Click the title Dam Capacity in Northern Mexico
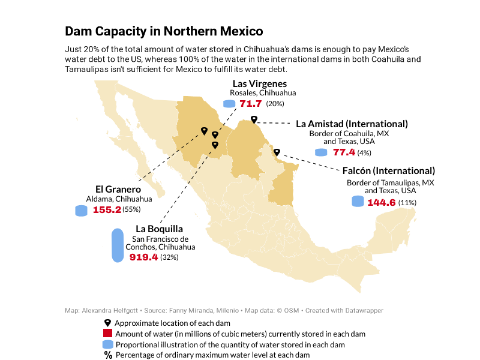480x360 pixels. pos(163,31)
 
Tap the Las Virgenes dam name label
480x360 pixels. pos(259,84)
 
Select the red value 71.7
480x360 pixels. pos(250,104)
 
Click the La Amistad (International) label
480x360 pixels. pos(352,124)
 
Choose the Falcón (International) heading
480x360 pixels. pos(388,171)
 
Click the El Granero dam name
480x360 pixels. pos(118,190)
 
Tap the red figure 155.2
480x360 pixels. pos(107,210)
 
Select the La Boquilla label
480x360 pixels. pos(159,229)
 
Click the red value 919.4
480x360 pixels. pos(143,257)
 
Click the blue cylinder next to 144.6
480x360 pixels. pos(358,202)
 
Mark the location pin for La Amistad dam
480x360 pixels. pos(254,119)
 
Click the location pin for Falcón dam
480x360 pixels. pos(277,152)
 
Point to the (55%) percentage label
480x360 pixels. pos(131,209)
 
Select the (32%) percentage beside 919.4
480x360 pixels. pos(169,257)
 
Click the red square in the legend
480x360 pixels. pos(108,334)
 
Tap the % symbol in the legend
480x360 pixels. pos(108,355)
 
